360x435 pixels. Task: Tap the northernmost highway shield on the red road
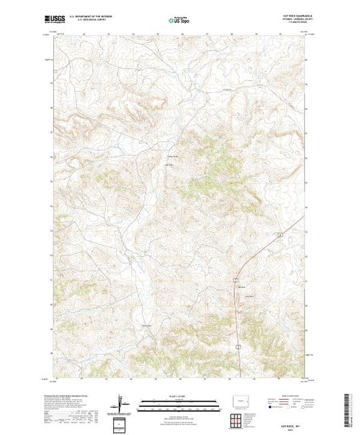(x=280, y=235)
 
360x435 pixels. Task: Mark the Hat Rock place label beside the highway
(x=242, y=287)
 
